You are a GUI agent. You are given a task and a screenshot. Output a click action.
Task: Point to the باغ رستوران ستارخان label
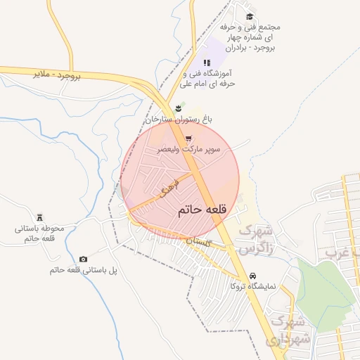click(x=179, y=120)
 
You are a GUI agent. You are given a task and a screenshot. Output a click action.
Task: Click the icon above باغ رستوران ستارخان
click(x=179, y=108)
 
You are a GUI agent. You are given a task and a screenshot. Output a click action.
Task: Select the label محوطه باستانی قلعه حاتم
click(x=39, y=233)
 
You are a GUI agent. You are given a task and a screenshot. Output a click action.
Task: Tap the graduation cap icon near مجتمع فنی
click(x=250, y=16)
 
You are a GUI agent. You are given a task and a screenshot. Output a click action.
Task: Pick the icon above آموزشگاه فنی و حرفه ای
click(x=206, y=63)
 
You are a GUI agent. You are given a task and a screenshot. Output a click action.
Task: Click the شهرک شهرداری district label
click(x=287, y=332)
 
